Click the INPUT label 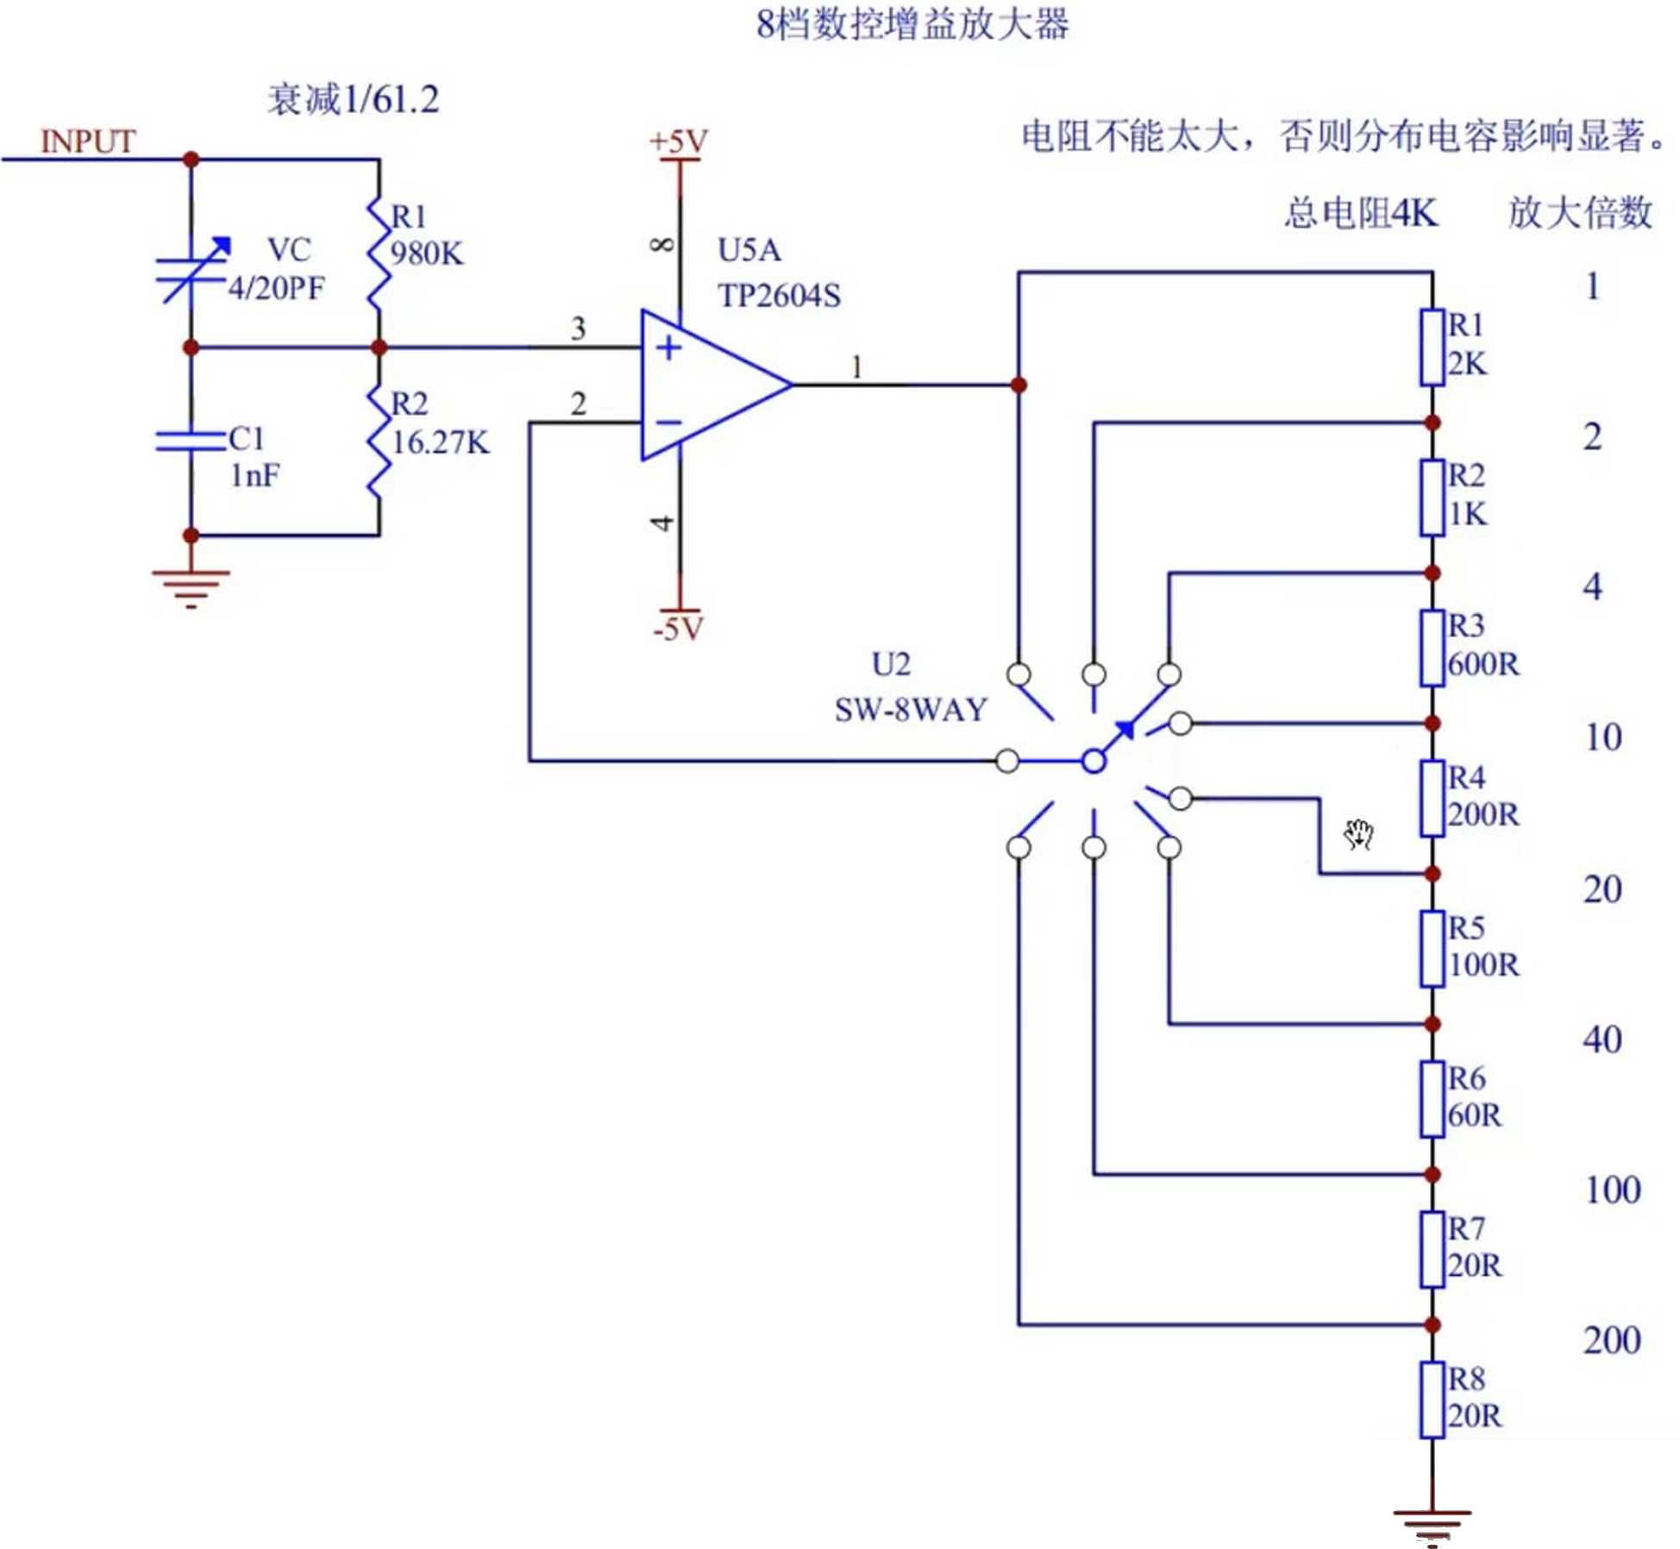(x=88, y=141)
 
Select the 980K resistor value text (x=427, y=254)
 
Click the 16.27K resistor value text (x=440, y=442)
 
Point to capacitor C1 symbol (x=191, y=441)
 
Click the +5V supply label (x=679, y=141)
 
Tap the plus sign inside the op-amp (x=668, y=348)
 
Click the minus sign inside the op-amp (x=668, y=423)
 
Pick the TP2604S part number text (x=779, y=296)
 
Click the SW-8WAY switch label (x=911, y=710)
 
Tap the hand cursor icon (x=1358, y=834)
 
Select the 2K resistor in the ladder (x=1432, y=347)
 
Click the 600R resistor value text (x=1483, y=664)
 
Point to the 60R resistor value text (x=1475, y=1115)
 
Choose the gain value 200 (x=1611, y=1340)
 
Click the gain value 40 (x=1602, y=1039)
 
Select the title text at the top (x=912, y=24)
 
